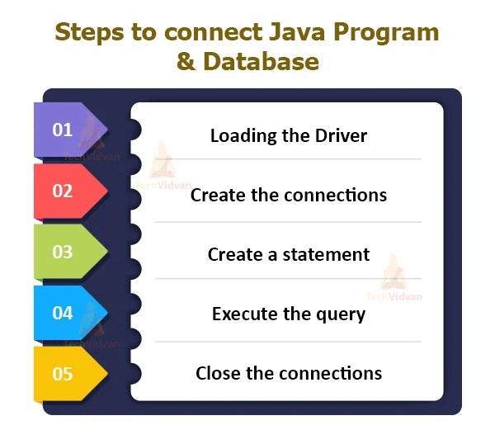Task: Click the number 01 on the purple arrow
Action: pos(63,130)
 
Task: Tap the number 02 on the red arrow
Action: pos(63,191)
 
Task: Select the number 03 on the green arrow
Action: pos(63,252)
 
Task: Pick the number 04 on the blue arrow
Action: pos(63,313)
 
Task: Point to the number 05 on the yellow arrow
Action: pos(63,374)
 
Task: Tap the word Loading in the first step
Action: pos(241,135)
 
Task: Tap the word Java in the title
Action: pos(262,32)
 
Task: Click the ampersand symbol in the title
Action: pos(186,62)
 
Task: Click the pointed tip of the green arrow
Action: pos(107,252)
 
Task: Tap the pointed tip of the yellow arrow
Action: pos(107,374)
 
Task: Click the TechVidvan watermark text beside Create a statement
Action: pos(394,296)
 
